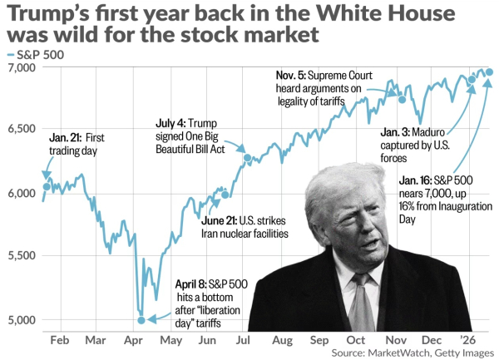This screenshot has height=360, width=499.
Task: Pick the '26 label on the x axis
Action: (x=468, y=340)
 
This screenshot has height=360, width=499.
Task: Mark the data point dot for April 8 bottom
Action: (x=141, y=319)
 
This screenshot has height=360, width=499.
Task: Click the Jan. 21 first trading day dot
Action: (x=47, y=186)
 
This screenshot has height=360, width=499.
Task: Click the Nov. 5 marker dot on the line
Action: (x=403, y=99)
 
